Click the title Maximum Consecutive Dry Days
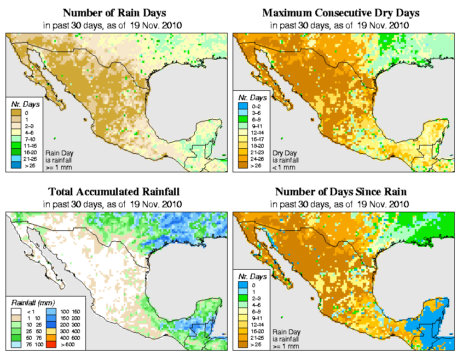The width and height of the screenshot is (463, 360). pyautogui.click(x=340, y=13)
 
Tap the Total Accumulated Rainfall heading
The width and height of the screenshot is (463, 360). pyautogui.click(x=114, y=191)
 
